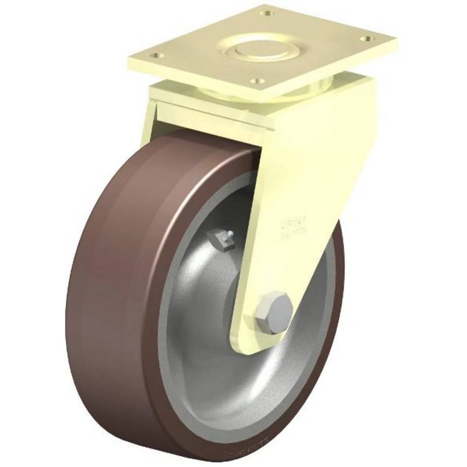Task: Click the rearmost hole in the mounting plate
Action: point(268,13)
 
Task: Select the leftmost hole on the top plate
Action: point(159,55)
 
